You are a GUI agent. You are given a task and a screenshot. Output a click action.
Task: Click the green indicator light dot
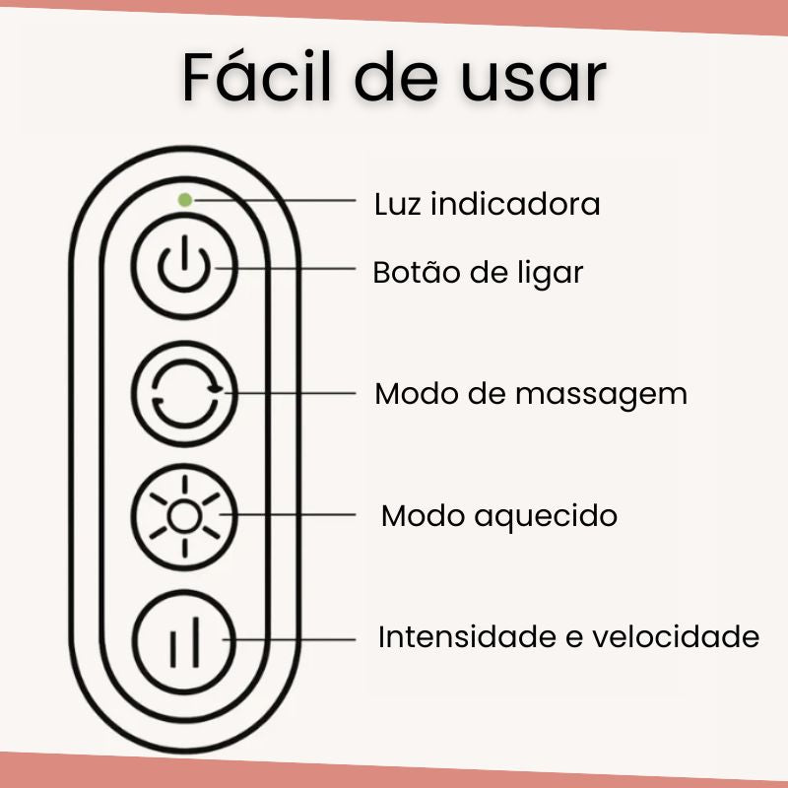tap(184, 199)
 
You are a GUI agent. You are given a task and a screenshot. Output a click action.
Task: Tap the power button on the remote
tap(184, 268)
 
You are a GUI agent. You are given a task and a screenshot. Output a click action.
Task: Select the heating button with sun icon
tap(184, 515)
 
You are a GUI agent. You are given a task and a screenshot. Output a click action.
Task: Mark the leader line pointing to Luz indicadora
tap(276, 200)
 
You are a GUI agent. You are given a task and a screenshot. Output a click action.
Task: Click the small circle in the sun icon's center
tap(183, 515)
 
